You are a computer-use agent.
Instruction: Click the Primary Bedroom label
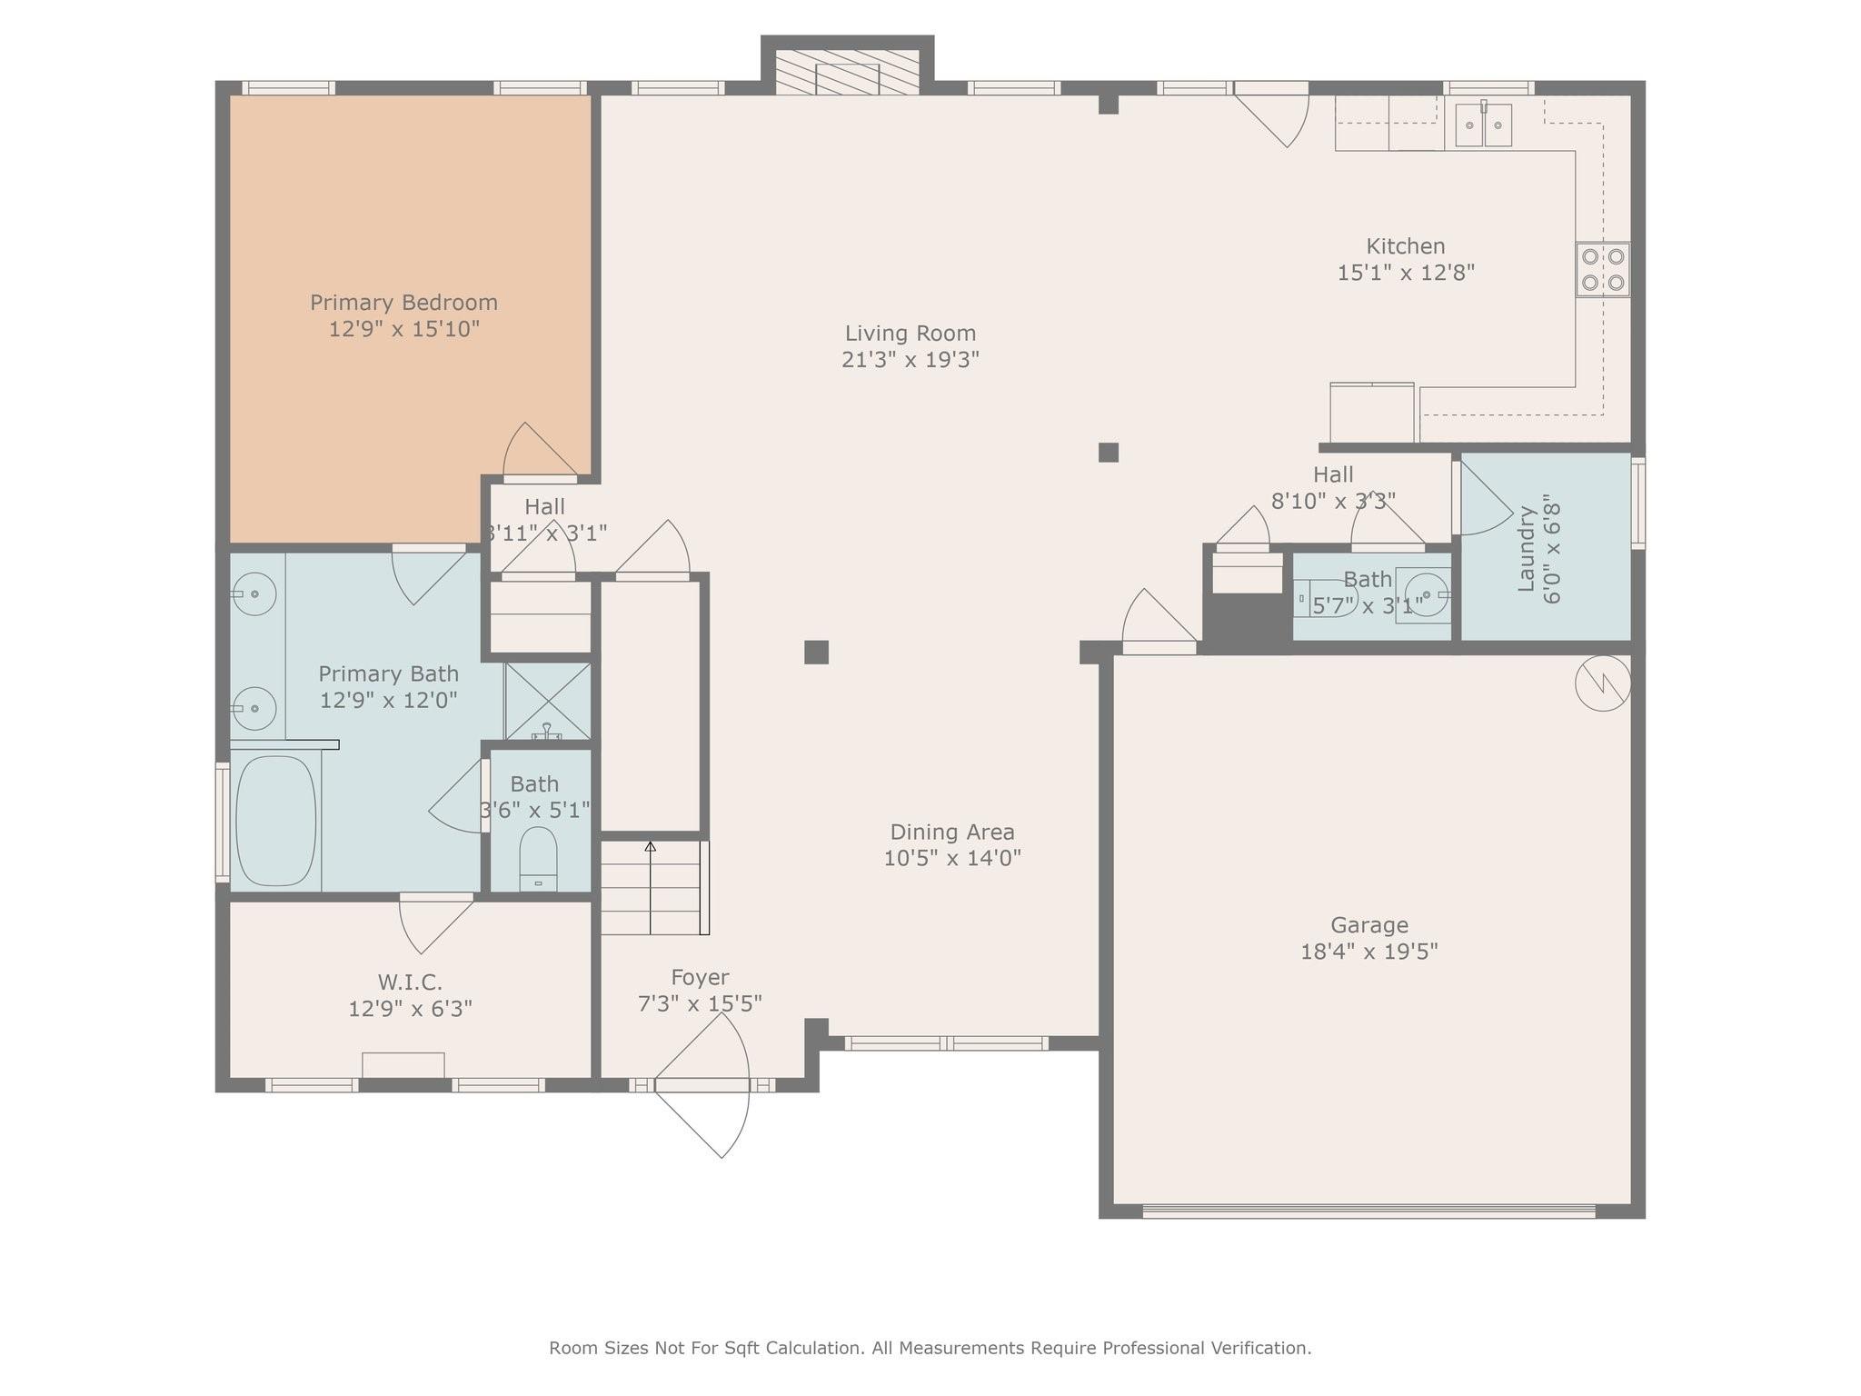[x=403, y=303]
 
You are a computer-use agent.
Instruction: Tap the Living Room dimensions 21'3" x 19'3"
[x=911, y=360]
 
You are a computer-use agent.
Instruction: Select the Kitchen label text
[x=1406, y=246]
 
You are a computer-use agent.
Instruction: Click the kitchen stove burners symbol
[x=1603, y=270]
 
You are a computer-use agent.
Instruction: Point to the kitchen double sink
[x=1484, y=125]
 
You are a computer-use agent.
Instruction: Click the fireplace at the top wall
[x=847, y=72]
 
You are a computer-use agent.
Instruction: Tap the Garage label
[x=1369, y=925]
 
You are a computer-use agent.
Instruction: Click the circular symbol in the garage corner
[x=1603, y=683]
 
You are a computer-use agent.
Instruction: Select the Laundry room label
[x=1527, y=549]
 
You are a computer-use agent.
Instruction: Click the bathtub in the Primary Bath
[x=275, y=821]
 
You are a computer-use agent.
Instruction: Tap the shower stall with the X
[x=548, y=701]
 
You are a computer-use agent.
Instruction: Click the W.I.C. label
[x=410, y=982]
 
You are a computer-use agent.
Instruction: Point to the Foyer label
[x=700, y=977]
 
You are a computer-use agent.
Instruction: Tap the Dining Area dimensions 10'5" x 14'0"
[x=952, y=858]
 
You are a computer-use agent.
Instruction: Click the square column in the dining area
[x=816, y=653]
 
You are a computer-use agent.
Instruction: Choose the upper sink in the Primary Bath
[x=254, y=593]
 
